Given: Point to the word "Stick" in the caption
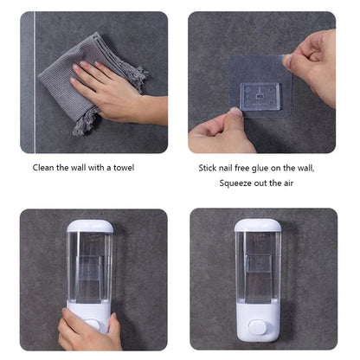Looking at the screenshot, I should (209, 167).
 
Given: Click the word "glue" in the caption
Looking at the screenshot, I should (266, 167).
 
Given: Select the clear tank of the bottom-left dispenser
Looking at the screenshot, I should (89, 268).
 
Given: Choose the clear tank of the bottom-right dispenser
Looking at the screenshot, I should (257, 268).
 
